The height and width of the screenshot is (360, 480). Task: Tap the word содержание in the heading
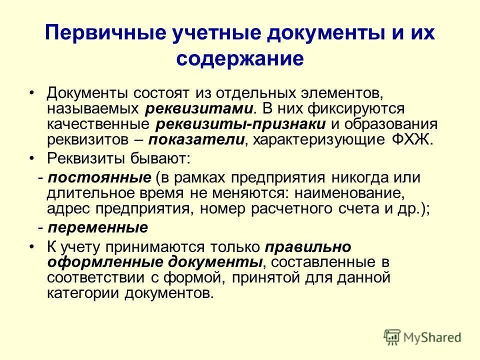click(x=240, y=58)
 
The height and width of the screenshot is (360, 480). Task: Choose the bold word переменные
click(x=98, y=227)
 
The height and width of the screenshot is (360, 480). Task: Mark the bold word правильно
click(x=308, y=247)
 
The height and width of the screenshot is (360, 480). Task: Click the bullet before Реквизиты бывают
click(x=32, y=158)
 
